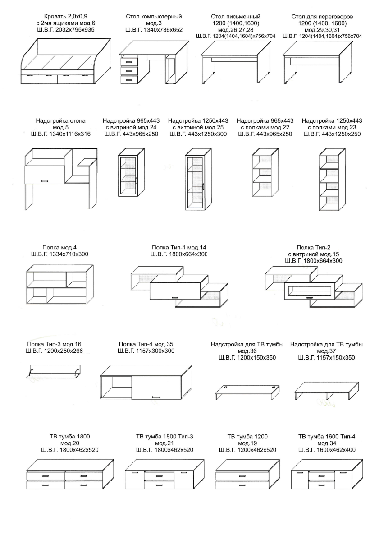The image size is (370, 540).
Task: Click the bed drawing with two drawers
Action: [x=66, y=61]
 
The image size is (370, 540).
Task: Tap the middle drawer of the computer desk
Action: [x=129, y=70]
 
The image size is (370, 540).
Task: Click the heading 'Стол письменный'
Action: [x=236, y=17]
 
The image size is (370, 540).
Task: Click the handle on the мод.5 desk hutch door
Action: [x=45, y=181]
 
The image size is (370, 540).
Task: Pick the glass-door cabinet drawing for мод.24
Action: [x=131, y=172]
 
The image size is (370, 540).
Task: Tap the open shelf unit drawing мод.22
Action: [x=265, y=173]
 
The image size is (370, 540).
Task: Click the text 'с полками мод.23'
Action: [x=332, y=127]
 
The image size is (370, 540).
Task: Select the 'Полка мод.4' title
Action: [x=59, y=248]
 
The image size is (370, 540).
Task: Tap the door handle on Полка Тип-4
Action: [x=156, y=397]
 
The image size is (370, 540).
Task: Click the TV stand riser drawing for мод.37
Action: [x=327, y=390]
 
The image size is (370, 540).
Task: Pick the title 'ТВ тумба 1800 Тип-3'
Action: [x=164, y=437]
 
